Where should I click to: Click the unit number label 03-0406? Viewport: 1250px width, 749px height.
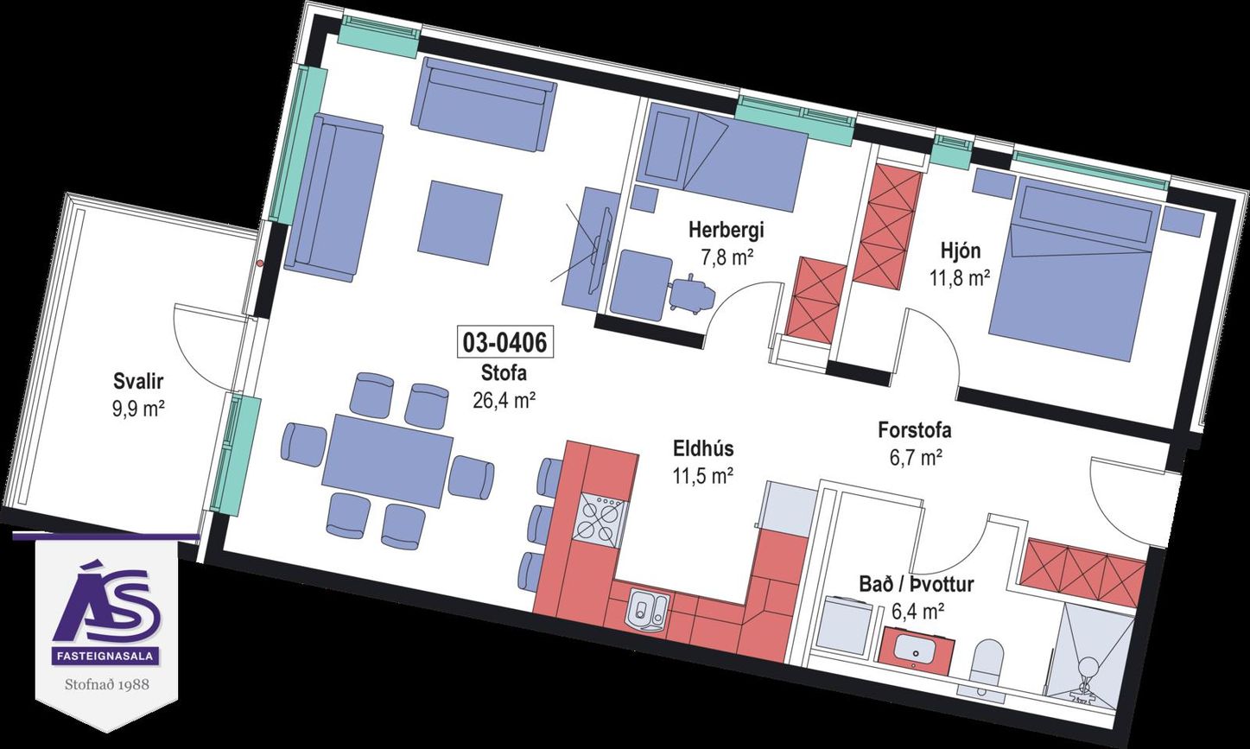point(505,342)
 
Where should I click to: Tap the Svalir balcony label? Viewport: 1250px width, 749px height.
point(138,383)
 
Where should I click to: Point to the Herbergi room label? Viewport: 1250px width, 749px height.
point(726,230)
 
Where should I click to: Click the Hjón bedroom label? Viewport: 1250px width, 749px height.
point(960,251)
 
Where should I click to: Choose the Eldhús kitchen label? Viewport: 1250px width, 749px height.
point(703,448)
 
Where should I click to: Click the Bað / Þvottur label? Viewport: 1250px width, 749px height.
point(916,584)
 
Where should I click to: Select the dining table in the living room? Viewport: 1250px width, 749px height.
point(388,461)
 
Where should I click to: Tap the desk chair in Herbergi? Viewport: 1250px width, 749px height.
point(691,294)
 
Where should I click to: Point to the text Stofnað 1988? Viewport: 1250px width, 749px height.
point(106,683)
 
